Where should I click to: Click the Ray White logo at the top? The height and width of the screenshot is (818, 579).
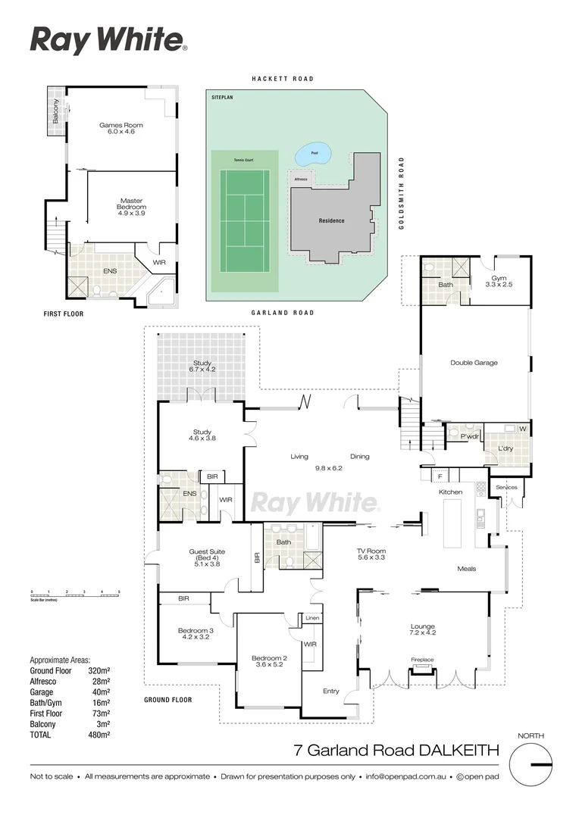coord(108,40)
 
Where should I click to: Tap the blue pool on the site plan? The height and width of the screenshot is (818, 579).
coord(311,155)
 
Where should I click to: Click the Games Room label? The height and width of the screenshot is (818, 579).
coord(121,125)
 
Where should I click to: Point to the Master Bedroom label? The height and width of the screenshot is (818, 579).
coord(130,208)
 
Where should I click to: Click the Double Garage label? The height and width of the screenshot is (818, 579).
coord(474,363)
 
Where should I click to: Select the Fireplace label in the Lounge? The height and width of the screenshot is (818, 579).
coord(422,660)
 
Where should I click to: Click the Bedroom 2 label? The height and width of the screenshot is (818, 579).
coord(269,658)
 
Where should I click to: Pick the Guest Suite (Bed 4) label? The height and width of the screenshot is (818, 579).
coord(207,557)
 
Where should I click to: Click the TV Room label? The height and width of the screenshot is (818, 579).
coord(371,551)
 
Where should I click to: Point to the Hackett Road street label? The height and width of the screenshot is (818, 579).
coord(283,79)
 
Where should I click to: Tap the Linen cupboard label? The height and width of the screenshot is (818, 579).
coord(312,619)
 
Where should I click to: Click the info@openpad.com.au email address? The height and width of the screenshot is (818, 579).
coord(406,776)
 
